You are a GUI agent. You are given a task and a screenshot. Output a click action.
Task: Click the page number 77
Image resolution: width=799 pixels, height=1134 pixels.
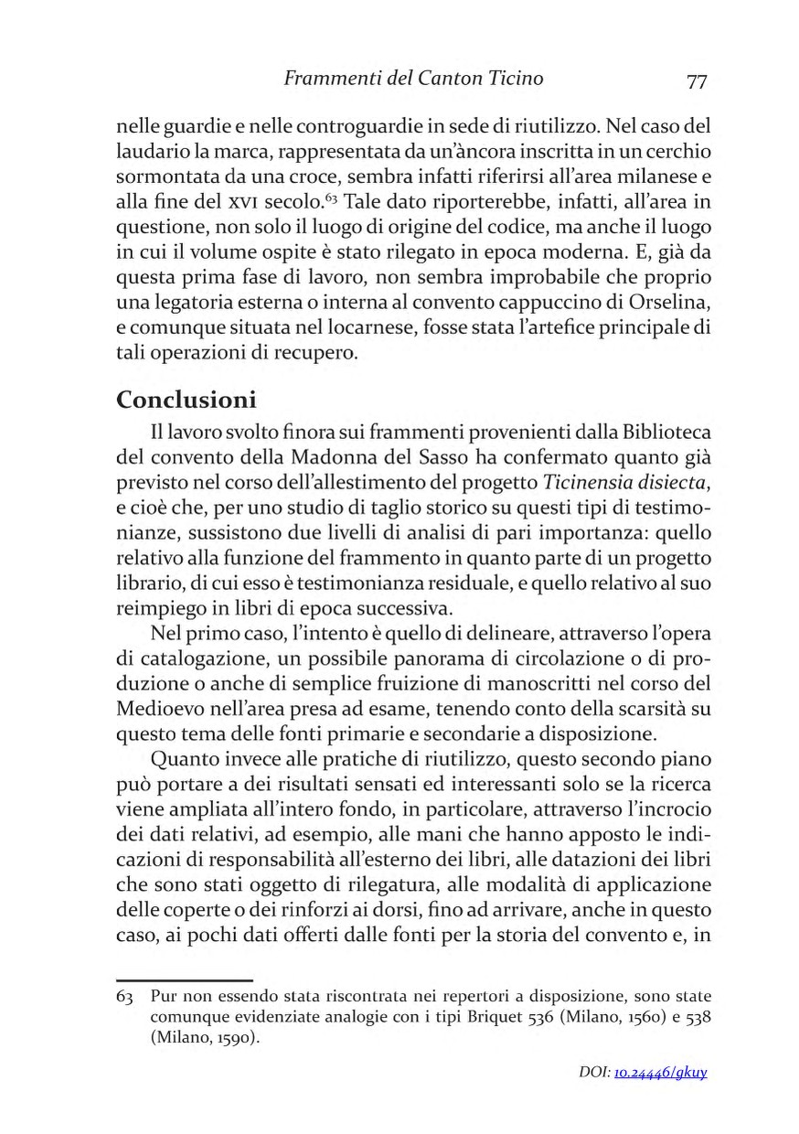697,80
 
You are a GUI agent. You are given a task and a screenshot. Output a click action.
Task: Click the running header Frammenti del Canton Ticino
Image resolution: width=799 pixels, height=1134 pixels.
413,80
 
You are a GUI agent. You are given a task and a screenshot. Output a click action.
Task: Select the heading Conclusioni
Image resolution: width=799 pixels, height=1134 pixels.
186,401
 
